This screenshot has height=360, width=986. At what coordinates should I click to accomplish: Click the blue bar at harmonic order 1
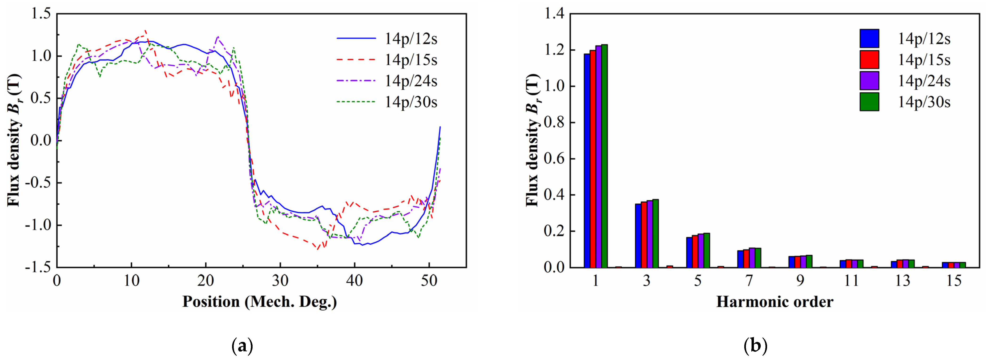click(587, 161)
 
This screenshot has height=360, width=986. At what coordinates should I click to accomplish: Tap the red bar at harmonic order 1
click(592, 159)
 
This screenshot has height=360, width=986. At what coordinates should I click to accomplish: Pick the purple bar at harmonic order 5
click(700, 251)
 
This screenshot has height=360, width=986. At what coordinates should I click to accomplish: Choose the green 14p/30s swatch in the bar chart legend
click(869, 102)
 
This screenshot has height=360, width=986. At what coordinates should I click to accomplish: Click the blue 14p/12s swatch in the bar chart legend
click(869, 38)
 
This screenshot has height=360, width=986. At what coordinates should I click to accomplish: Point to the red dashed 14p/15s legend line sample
click(356, 60)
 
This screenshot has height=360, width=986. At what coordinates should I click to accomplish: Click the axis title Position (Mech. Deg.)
click(260, 302)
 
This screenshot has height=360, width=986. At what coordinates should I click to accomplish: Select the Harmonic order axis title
click(775, 302)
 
